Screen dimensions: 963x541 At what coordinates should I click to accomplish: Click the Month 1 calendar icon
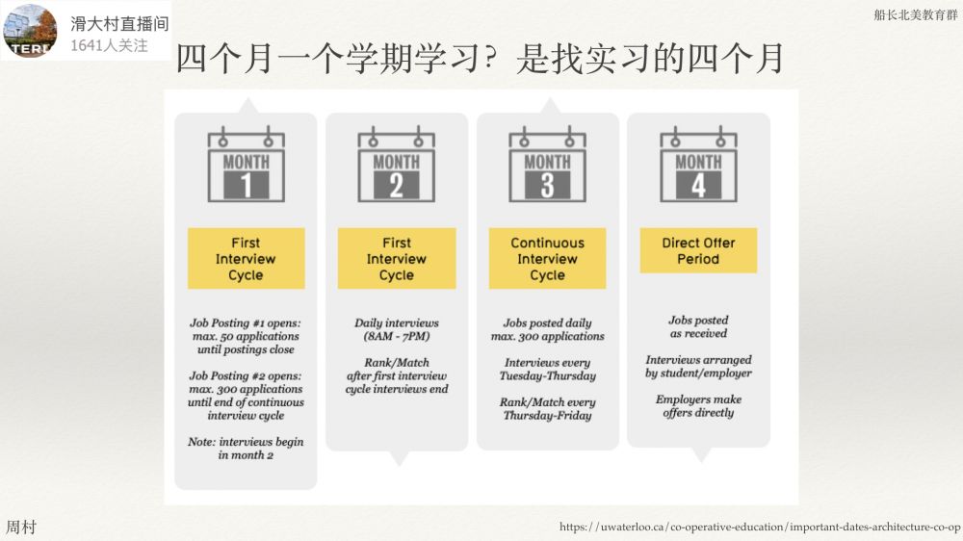pos(246,164)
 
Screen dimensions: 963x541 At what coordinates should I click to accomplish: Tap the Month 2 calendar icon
pos(396,164)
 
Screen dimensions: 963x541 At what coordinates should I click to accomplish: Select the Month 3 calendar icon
pos(547,164)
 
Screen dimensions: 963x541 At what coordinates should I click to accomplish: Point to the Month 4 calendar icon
pos(698,164)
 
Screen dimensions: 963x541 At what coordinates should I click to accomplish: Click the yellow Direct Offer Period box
pos(698,250)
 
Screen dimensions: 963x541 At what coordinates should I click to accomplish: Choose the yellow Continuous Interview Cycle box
pos(547,259)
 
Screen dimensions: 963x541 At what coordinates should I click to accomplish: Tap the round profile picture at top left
pos(30,30)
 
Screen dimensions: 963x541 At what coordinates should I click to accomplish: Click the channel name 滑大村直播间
pos(119,23)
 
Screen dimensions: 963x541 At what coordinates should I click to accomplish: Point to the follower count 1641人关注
pos(109,45)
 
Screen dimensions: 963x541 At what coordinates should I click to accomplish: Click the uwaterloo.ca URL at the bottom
pos(760,527)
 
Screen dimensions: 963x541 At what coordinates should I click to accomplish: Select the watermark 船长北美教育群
pos(916,14)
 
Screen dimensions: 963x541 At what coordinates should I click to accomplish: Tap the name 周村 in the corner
pos(21,527)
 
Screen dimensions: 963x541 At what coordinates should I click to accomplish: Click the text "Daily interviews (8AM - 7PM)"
pos(397,329)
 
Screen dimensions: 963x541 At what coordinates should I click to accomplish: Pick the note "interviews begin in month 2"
pos(246,449)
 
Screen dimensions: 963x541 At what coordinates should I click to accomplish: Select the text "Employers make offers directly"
pos(698,406)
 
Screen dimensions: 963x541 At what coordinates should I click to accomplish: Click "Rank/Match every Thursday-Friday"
pos(547,408)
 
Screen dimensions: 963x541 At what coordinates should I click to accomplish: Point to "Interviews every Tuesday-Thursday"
pos(547,369)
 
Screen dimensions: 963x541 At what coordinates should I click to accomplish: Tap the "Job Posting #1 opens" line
pos(246,323)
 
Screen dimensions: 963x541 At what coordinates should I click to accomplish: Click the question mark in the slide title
pos(489,59)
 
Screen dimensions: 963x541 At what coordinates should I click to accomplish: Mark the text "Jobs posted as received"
pos(698,326)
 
